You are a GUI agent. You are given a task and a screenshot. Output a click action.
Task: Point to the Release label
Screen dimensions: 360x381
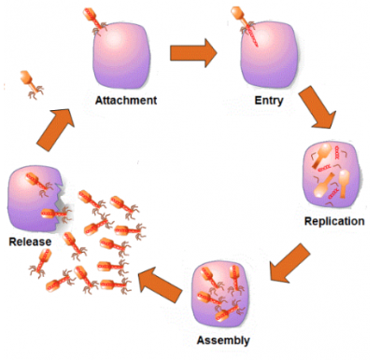pyautogui.click(x=29, y=242)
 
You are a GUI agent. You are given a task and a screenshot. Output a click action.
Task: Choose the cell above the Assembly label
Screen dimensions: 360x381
pyautogui.click(x=224, y=293)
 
